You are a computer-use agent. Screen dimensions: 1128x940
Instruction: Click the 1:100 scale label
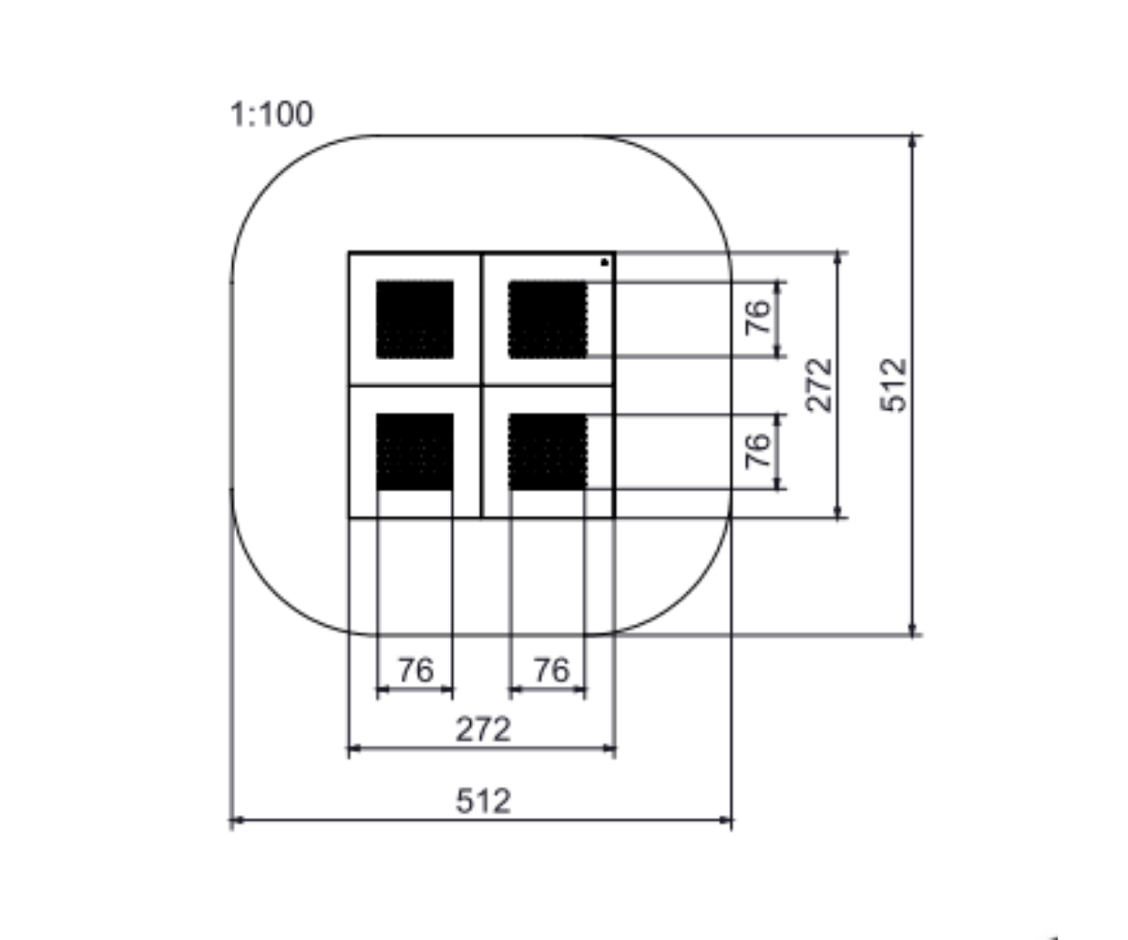coord(272,114)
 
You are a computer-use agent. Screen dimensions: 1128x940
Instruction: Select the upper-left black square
coord(415,320)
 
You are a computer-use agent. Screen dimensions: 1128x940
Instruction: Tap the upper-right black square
coord(548,320)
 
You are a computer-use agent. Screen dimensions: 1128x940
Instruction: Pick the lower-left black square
coord(415,451)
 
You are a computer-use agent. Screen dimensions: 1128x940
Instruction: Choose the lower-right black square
coord(548,451)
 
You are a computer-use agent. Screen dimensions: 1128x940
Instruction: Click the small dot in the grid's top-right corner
coord(604,262)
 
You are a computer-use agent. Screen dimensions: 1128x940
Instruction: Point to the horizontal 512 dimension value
coord(483,801)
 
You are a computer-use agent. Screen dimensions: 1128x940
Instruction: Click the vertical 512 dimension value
coord(894,384)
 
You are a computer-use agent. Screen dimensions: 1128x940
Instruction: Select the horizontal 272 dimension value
coord(483,729)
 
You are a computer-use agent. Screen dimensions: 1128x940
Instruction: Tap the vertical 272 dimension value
coord(819,384)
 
